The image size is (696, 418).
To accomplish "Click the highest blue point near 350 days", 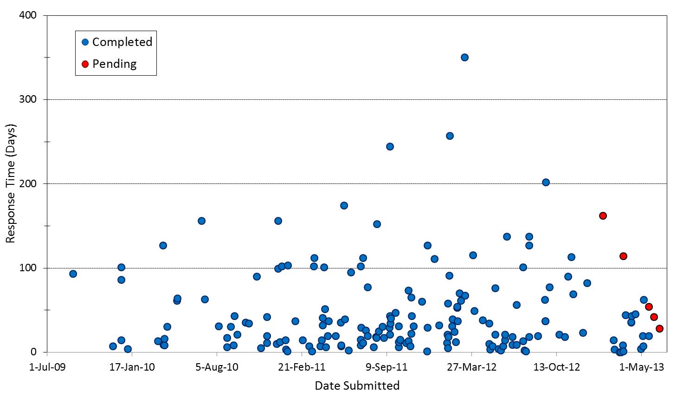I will (x=464, y=58).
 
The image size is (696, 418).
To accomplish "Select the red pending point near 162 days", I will (x=603, y=216).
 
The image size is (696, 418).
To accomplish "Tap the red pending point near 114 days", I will (x=623, y=256).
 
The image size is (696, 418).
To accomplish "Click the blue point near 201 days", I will (x=546, y=183).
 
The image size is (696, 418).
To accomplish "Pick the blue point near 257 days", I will (x=450, y=136).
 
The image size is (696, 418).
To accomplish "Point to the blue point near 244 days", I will (x=390, y=146).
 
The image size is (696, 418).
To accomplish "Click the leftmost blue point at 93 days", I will (x=73, y=274).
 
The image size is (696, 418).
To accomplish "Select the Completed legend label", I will (x=122, y=42).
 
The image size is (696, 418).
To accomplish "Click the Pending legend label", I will (x=114, y=64).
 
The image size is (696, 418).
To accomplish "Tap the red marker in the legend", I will (x=85, y=64).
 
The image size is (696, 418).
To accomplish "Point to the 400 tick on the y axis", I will (x=29, y=15).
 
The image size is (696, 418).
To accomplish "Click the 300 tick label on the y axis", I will (x=29, y=99).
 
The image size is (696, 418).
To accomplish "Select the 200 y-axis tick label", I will (x=29, y=184).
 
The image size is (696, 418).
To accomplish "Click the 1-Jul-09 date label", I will (x=47, y=367).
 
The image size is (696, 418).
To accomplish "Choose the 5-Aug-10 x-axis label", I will (x=217, y=367).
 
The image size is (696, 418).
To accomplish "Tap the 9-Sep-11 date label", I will (x=387, y=367).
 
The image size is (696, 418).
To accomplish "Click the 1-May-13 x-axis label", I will (x=642, y=367).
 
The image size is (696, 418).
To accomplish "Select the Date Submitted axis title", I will (x=357, y=385).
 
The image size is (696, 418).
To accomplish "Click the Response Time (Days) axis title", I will (x=10, y=183).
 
